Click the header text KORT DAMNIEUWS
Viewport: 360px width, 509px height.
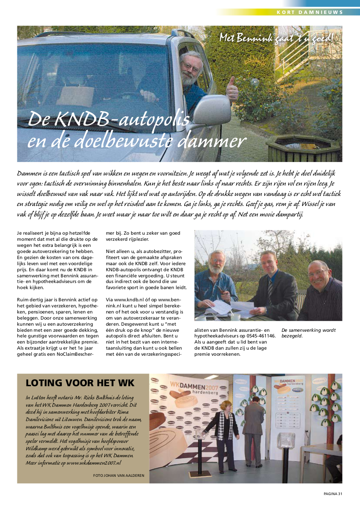click(x=310, y=12)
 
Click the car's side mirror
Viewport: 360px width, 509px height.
click(x=212, y=110)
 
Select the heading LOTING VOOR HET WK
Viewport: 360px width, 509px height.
click(x=80, y=383)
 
